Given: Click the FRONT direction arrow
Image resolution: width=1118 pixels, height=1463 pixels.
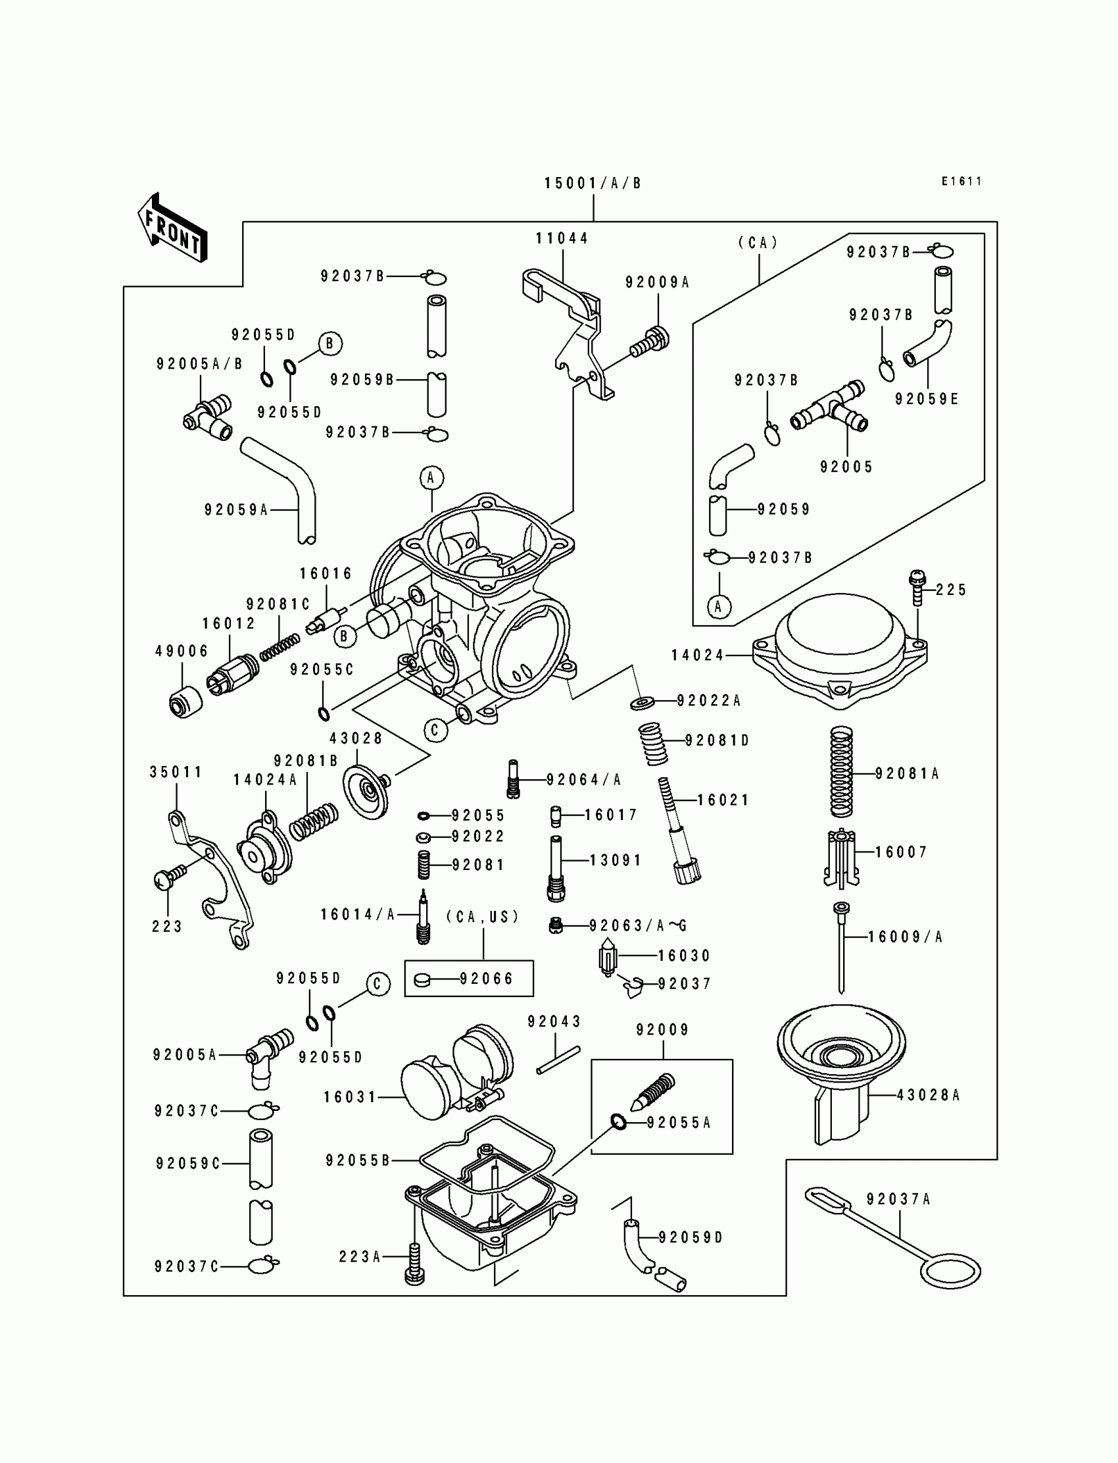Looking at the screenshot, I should pos(172,228).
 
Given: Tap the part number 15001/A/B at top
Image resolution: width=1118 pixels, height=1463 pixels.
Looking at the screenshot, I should pos(593,184).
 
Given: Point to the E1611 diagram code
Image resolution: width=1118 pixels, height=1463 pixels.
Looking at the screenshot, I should pos(961,181).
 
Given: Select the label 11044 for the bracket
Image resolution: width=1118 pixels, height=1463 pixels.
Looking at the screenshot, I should pos(562,238).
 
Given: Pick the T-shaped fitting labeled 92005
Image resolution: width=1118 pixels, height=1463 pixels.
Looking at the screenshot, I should pos(831,407).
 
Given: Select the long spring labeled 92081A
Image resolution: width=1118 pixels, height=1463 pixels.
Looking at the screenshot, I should pos(842,772).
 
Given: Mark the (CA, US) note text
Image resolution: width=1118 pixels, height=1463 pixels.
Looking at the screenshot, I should pos(483,917).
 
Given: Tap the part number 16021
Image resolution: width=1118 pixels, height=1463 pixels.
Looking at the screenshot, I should pos(723,800).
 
